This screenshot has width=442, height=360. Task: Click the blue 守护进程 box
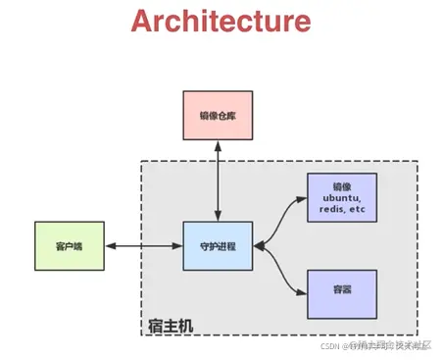[x=218, y=245]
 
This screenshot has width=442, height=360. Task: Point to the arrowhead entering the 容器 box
[x=301, y=291]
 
